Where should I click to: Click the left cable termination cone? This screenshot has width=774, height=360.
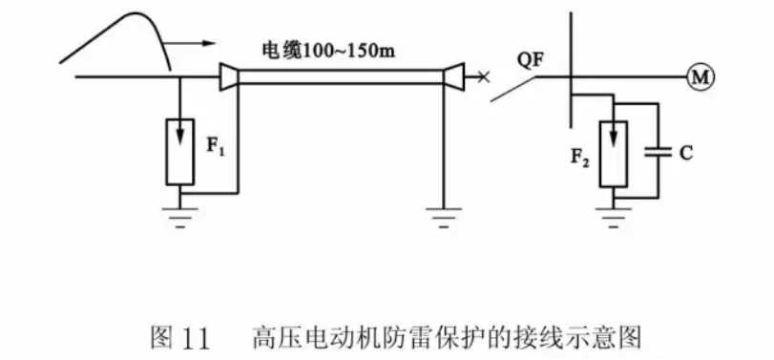click(227, 77)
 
